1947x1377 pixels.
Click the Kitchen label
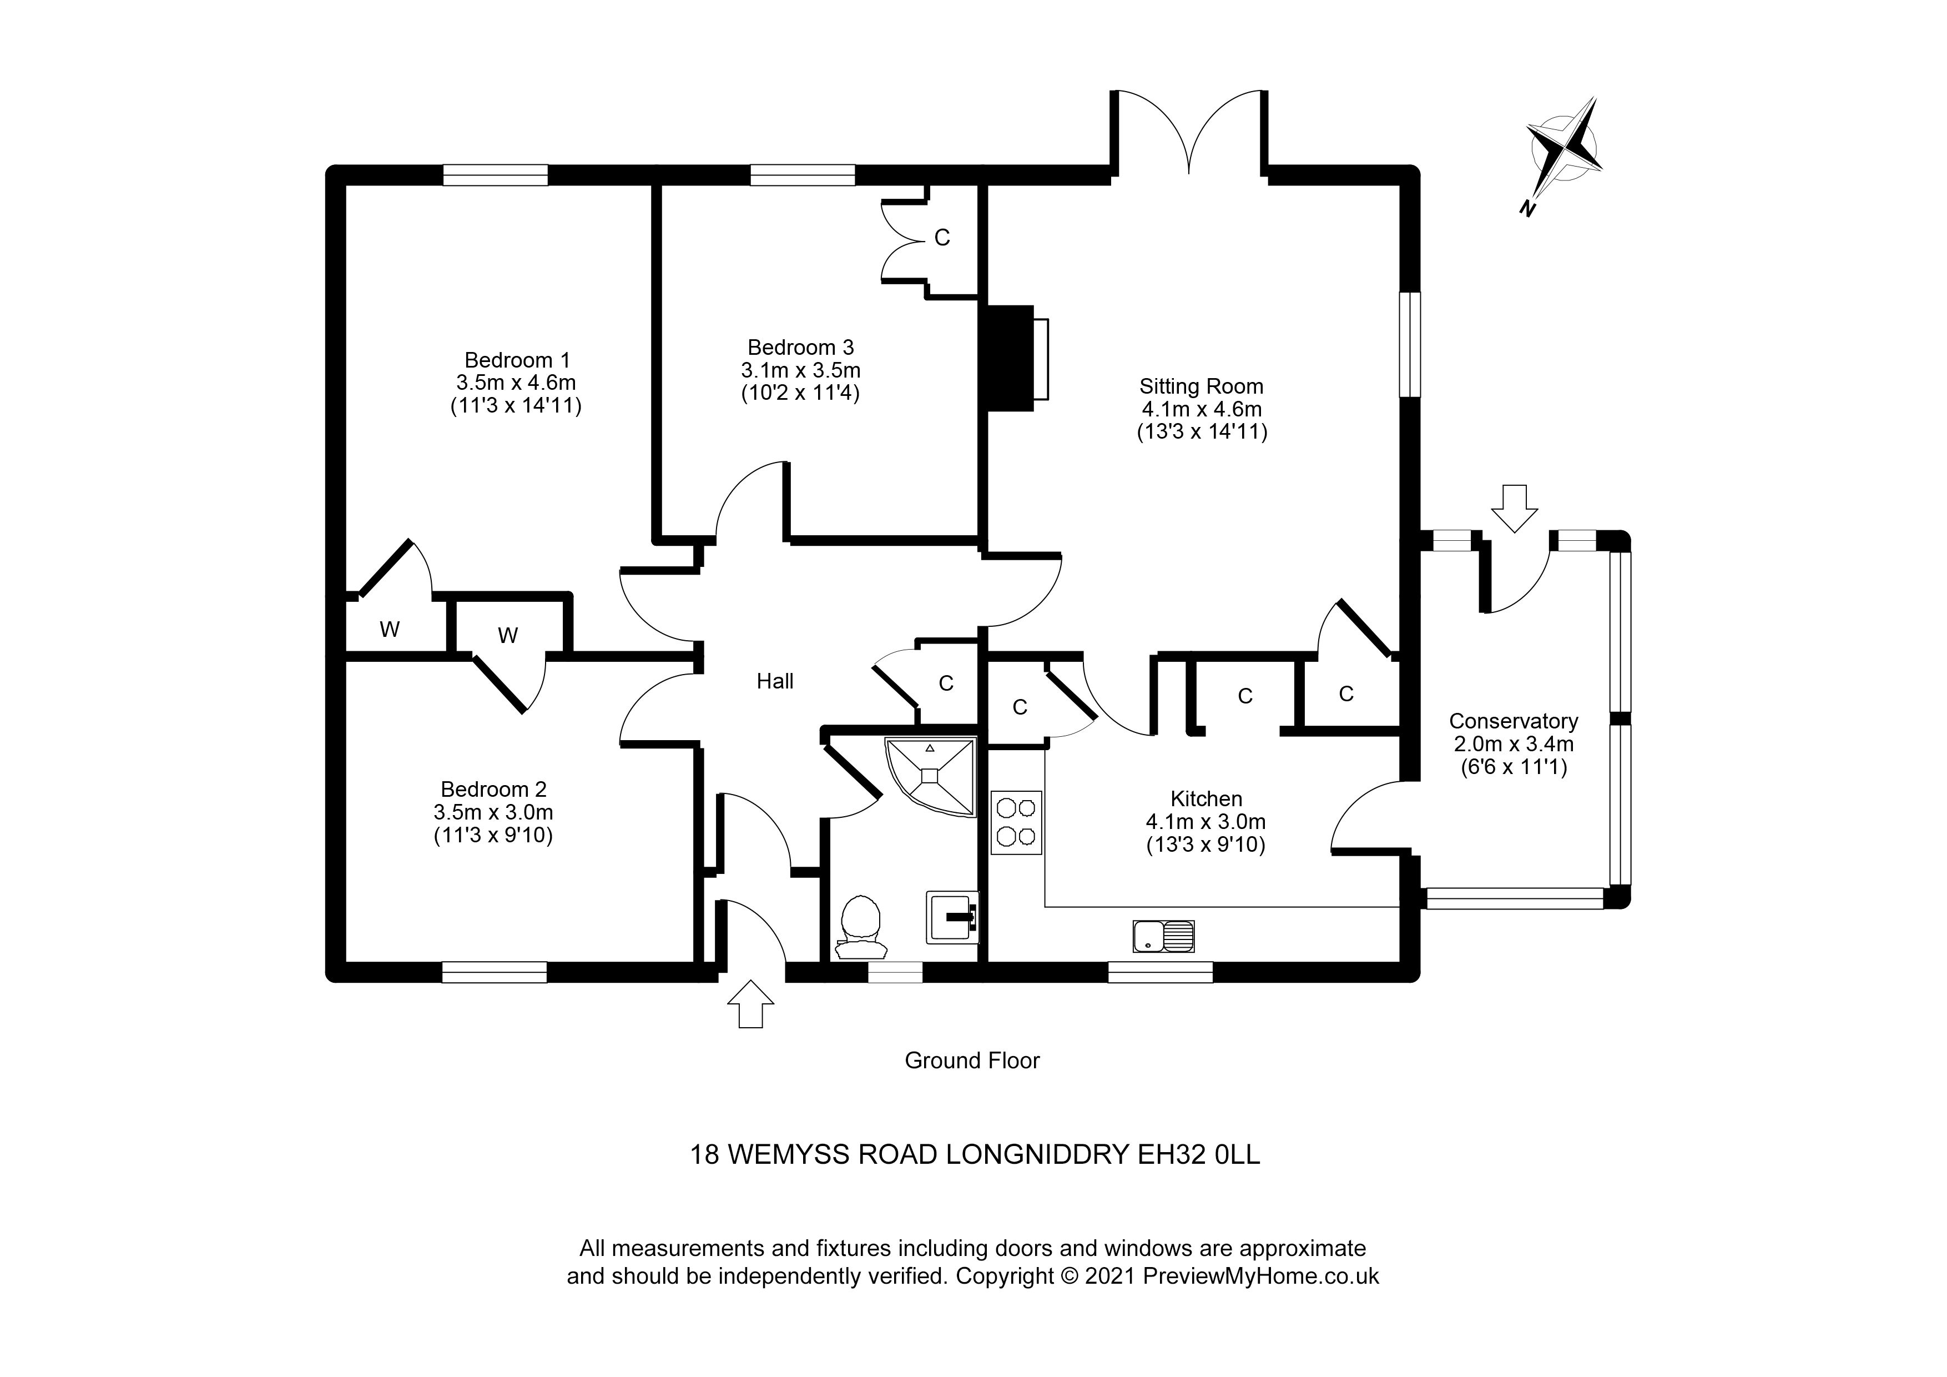tap(1206, 798)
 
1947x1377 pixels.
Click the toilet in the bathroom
tap(861, 926)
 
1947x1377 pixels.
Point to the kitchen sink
tap(1163, 936)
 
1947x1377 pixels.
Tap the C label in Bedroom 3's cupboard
tap(942, 238)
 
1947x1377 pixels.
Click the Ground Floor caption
tap(972, 1061)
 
